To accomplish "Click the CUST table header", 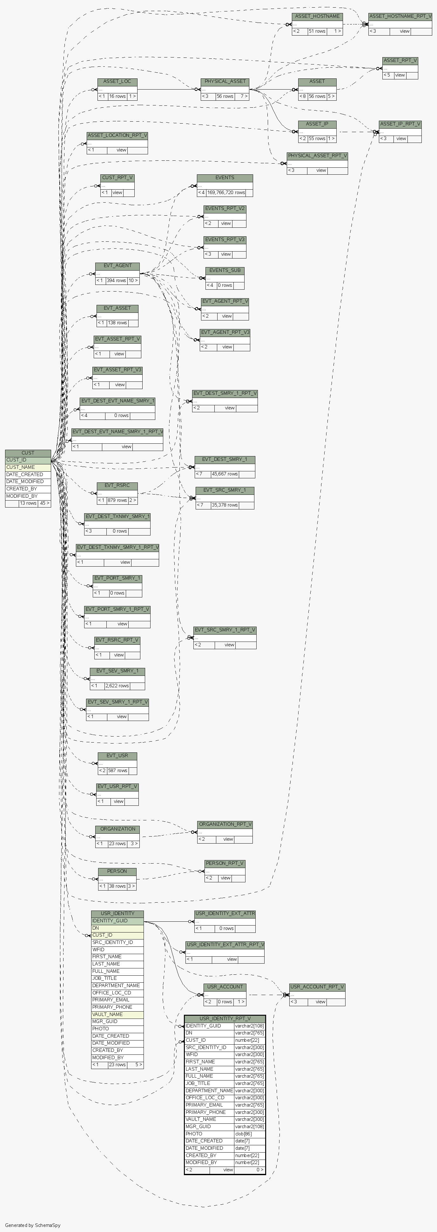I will coord(28,453).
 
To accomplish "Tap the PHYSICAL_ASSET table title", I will coord(225,81).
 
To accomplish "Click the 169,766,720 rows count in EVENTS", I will coord(226,192).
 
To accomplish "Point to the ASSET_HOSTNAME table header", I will coord(317,16).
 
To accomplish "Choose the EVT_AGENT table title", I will coord(117,266).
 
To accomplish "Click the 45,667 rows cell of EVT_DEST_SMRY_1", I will coord(225,474).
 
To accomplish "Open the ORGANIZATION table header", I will coord(118,829).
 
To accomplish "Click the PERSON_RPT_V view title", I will coord(225,863).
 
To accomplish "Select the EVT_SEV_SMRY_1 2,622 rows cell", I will coord(117,685).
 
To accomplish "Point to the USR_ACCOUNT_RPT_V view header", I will coord(317,987).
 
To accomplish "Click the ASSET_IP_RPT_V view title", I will coord(400,124).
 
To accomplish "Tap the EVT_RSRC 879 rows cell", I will coord(117,500).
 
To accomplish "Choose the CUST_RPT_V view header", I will coord(117,178).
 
